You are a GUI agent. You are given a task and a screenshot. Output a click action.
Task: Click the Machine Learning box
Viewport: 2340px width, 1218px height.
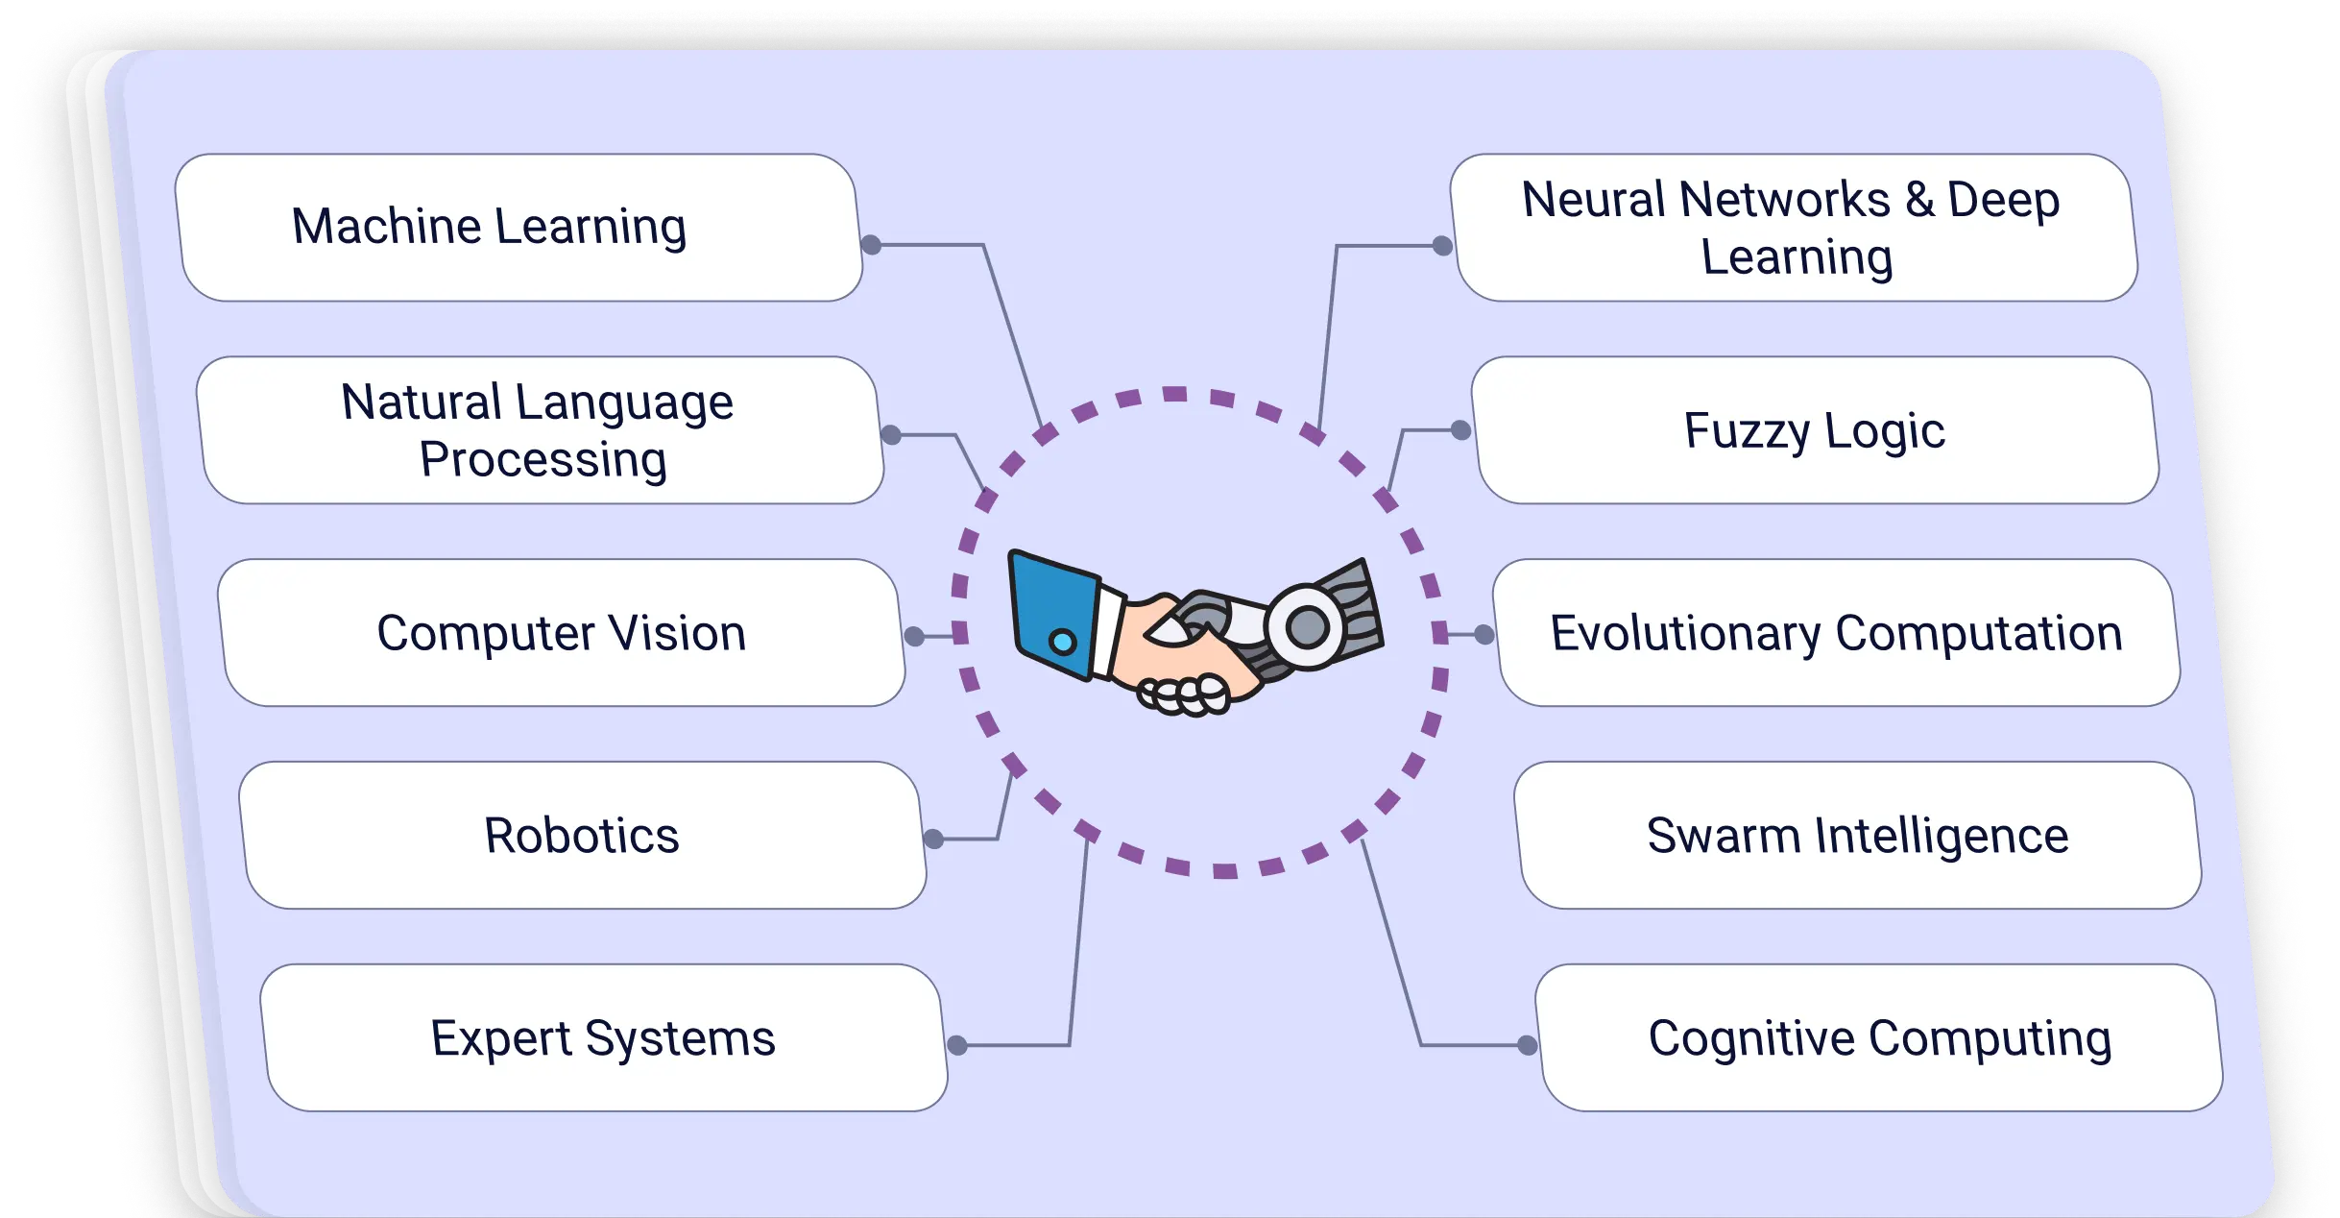[x=519, y=228]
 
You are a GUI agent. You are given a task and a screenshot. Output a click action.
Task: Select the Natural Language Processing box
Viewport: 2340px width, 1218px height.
[x=539, y=430]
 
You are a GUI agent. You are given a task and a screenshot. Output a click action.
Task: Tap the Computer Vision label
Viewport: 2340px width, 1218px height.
[x=562, y=634]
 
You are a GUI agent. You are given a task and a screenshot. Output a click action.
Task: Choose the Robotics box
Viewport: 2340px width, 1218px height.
[x=582, y=836]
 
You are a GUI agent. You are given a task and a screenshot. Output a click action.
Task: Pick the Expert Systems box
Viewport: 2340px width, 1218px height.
[x=603, y=1038]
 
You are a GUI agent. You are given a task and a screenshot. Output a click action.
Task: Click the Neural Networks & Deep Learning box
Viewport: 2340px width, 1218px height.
[x=1793, y=228]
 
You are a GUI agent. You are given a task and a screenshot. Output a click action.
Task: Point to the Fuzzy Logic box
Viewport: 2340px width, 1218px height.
[x=1815, y=430]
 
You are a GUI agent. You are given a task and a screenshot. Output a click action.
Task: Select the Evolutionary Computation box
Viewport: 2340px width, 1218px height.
[x=1836, y=634]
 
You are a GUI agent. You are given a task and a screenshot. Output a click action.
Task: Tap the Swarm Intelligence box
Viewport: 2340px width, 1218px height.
[x=1857, y=836]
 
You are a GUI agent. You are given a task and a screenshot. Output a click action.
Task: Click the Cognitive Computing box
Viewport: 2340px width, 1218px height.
[x=1879, y=1038]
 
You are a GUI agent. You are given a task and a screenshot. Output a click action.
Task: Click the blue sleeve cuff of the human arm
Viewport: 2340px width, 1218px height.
[x=1052, y=613]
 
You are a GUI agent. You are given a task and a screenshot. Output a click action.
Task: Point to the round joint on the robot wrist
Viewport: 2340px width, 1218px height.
[x=1307, y=628]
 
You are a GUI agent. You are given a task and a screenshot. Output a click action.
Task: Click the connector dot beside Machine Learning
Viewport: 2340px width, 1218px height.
[x=871, y=245]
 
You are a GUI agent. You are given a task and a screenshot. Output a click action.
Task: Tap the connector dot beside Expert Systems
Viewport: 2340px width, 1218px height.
[x=957, y=1045]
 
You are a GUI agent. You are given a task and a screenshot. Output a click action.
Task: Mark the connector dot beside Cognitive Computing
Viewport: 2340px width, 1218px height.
[x=1527, y=1045]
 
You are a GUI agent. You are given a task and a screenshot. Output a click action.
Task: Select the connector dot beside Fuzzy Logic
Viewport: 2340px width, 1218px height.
[x=1460, y=430]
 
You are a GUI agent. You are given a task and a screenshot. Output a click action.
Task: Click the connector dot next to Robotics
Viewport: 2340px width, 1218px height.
[x=933, y=839]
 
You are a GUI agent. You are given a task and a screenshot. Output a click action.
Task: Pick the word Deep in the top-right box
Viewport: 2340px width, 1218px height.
[x=2003, y=201]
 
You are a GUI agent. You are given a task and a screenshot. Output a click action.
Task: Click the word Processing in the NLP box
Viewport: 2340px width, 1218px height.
[x=543, y=459]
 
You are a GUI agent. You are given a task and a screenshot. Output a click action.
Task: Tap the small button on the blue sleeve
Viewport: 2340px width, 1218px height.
[x=1062, y=642]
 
